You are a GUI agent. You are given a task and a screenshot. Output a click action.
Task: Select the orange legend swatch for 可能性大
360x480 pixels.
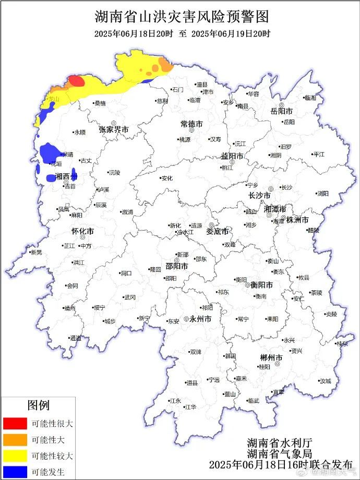(x=15, y=440)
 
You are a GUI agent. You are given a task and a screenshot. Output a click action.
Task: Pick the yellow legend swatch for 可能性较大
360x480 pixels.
(x=15, y=456)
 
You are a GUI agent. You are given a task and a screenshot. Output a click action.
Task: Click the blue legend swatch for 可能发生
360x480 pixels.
(x=15, y=472)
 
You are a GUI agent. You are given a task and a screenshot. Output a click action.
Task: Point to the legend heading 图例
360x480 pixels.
(x=38, y=405)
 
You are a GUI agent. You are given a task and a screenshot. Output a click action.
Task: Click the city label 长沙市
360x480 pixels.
(x=259, y=195)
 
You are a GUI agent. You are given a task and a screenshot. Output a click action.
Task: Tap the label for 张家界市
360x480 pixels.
(x=114, y=129)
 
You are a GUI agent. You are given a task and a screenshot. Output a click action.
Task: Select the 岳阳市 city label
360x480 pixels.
(x=281, y=111)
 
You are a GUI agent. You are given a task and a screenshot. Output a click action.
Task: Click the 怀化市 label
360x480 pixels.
(x=82, y=231)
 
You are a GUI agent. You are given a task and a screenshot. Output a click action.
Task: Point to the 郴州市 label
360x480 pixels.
(x=271, y=358)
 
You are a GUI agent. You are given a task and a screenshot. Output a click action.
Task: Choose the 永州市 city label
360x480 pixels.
(x=200, y=319)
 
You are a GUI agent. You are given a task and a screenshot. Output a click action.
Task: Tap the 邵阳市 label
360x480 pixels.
(x=177, y=265)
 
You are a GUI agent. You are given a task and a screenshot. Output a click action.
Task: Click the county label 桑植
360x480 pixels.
(x=99, y=103)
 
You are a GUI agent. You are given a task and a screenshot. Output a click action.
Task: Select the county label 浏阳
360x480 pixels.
(x=322, y=194)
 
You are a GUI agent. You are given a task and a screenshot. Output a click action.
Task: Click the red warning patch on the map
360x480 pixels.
(x=76, y=81)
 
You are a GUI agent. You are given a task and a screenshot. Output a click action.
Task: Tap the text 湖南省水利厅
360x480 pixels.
(x=272, y=441)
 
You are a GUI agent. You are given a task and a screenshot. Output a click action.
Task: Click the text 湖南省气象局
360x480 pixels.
(x=272, y=453)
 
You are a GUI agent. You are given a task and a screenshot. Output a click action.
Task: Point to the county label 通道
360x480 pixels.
(x=76, y=338)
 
